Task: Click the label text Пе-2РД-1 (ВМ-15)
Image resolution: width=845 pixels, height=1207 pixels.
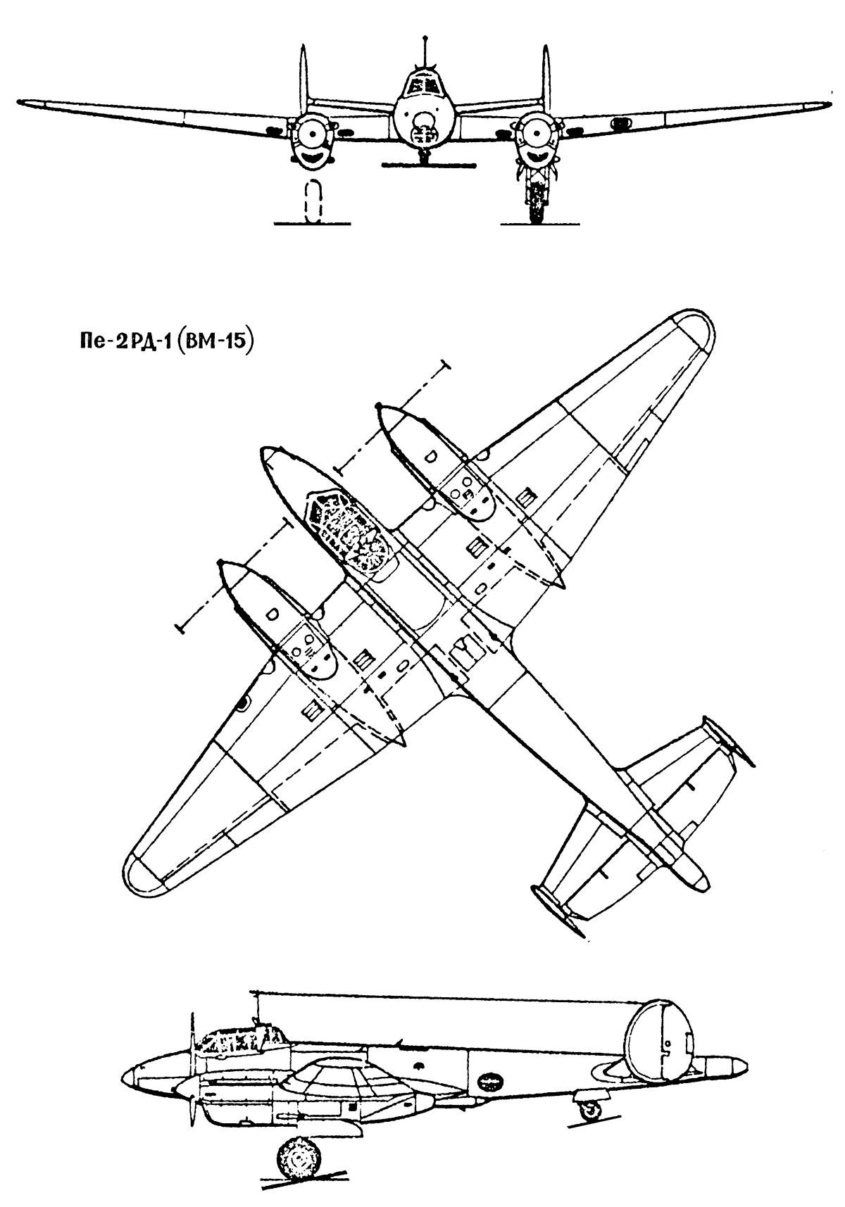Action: pyautogui.click(x=165, y=343)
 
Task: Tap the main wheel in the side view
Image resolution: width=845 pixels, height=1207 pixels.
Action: pyautogui.click(x=297, y=1157)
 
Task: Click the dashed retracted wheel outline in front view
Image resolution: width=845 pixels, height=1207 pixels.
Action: pyautogui.click(x=314, y=203)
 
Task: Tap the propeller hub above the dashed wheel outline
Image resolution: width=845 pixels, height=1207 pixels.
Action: pyautogui.click(x=311, y=132)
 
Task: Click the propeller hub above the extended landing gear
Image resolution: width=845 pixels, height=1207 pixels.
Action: pyautogui.click(x=535, y=132)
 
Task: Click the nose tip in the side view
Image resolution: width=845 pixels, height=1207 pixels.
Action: pyautogui.click(x=124, y=1075)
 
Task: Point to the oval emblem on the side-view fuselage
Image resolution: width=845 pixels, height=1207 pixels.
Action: pyautogui.click(x=491, y=1078)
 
